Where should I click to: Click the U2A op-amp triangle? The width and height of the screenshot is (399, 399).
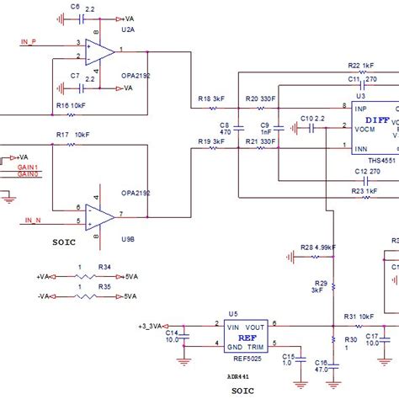tap(99, 51)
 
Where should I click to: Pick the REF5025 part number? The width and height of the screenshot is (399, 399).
tap(245, 357)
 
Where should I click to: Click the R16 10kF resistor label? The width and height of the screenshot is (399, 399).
tap(69, 105)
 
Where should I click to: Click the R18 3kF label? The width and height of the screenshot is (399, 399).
tap(210, 99)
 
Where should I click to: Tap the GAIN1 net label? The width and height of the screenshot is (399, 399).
tap(28, 167)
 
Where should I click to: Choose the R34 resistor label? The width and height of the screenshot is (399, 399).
tap(105, 267)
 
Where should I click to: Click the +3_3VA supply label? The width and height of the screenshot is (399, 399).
tap(152, 325)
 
